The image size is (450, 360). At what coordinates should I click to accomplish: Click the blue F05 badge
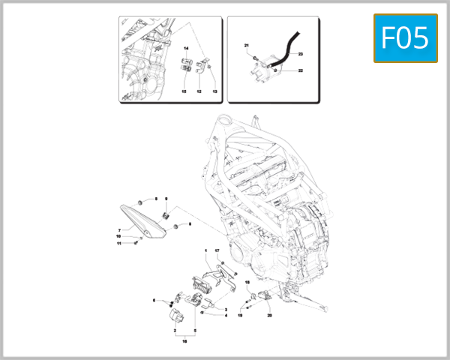click(x=406, y=37)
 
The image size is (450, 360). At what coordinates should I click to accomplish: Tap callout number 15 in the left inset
click(x=183, y=91)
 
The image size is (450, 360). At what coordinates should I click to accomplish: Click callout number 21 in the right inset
click(x=245, y=46)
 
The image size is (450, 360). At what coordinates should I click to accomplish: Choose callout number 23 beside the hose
click(x=300, y=54)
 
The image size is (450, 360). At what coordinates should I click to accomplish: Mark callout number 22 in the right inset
click(x=300, y=70)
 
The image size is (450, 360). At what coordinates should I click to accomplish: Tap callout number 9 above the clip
click(x=166, y=199)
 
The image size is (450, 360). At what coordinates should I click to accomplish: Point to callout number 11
click(x=118, y=243)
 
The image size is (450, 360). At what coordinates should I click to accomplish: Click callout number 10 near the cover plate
click(x=118, y=236)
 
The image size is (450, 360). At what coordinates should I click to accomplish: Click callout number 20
click(x=269, y=316)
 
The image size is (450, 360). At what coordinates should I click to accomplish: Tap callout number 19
click(x=241, y=316)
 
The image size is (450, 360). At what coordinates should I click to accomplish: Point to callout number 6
click(x=154, y=300)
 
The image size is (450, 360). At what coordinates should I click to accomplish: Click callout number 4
click(x=226, y=316)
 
